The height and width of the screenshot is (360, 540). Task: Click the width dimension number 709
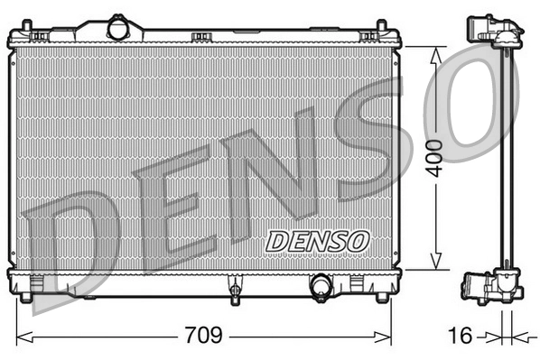[x=205, y=337]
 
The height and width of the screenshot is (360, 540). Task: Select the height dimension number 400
[x=437, y=159]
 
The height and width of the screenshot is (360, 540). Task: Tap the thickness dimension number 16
[x=460, y=337]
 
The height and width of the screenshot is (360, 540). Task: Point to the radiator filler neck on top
[x=118, y=27]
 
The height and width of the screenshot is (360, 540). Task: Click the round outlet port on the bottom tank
[x=321, y=287]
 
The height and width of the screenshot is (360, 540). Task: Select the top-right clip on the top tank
[x=368, y=37]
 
